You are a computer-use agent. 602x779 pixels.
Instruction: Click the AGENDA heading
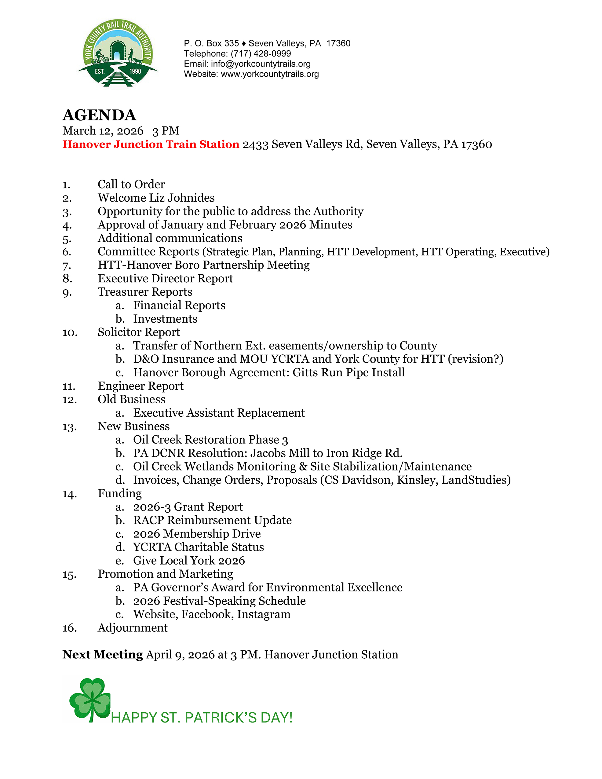click(99, 115)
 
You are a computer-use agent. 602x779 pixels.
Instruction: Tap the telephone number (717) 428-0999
click(261, 53)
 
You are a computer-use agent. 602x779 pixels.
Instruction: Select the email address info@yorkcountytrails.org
click(261, 64)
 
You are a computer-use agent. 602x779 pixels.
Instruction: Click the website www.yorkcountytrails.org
click(270, 74)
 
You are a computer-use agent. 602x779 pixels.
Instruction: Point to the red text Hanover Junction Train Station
click(151, 144)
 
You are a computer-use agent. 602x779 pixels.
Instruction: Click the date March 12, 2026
click(103, 131)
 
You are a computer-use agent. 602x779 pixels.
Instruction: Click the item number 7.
click(67, 265)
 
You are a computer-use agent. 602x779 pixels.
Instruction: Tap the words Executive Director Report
click(166, 279)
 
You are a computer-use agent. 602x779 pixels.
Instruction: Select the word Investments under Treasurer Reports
click(165, 319)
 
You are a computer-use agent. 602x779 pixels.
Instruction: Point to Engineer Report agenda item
click(140, 386)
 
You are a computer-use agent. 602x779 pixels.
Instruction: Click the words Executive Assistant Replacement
click(219, 413)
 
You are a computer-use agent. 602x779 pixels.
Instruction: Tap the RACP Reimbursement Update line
click(212, 521)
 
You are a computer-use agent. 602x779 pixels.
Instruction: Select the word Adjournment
click(133, 628)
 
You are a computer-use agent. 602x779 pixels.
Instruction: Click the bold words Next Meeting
click(102, 655)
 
